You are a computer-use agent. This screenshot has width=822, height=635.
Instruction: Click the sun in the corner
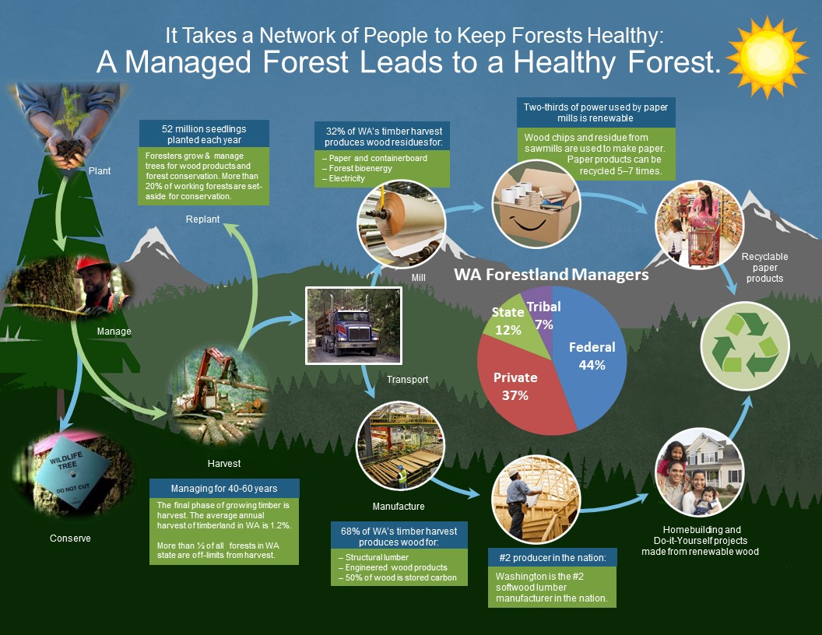coord(767,57)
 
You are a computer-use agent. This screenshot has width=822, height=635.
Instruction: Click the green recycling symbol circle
coord(745,346)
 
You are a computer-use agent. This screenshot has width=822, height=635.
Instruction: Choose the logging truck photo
coord(354,325)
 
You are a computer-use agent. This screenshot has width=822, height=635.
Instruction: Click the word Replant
coord(202,219)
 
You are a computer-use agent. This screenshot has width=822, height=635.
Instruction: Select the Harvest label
coord(224,463)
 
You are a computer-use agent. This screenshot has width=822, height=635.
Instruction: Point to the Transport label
coord(407,379)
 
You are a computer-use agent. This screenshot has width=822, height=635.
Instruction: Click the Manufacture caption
coord(399,506)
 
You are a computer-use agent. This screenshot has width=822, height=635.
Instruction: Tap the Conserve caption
coord(70,538)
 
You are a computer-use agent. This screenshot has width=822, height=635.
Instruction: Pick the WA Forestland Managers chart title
coord(551,275)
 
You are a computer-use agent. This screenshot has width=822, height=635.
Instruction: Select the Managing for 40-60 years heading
coord(224,488)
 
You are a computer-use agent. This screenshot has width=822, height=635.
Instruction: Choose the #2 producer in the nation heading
coord(553,557)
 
